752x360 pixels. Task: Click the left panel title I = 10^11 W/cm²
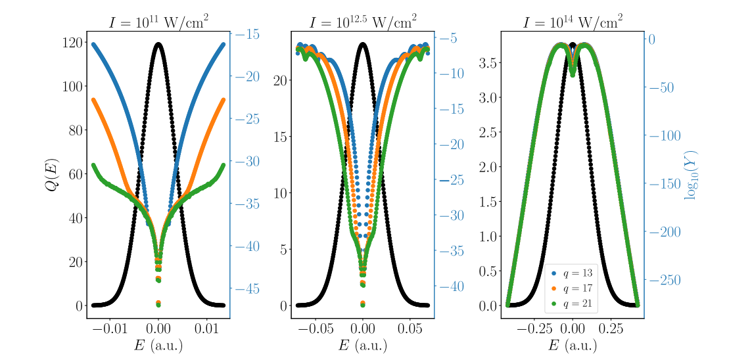click(158, 22)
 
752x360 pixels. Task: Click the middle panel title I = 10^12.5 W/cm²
click(362, 22)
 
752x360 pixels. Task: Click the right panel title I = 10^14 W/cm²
click(573, 22)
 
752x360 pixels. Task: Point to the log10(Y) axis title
click(691, 175)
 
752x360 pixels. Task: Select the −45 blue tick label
click(247, 289)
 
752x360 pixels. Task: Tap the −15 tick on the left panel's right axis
click(247, 35)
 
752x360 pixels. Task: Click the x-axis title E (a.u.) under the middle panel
click(362, 346)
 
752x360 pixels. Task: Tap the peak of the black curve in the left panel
click(158, 44)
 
